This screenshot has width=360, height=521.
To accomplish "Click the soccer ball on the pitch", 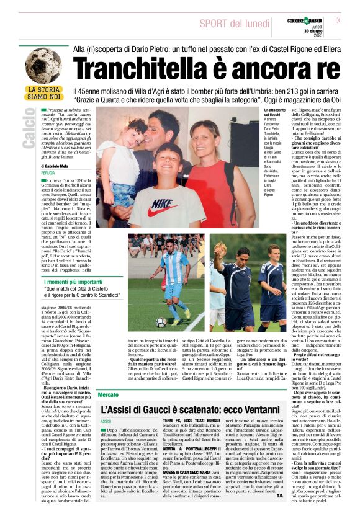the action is tap(161, 323).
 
